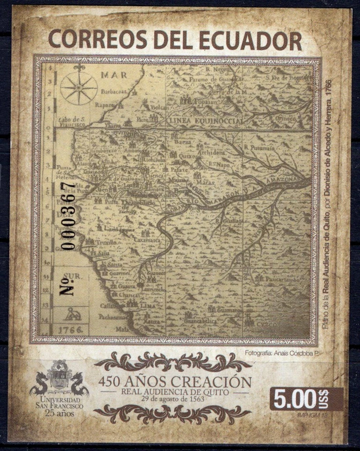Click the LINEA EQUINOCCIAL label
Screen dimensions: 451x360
pyautogui.click(x=206, y=122)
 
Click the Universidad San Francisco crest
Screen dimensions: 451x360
pyautogui.click(x=60, y=377)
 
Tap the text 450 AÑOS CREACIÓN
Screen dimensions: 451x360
pyautogui.click(x=175, y=381)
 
